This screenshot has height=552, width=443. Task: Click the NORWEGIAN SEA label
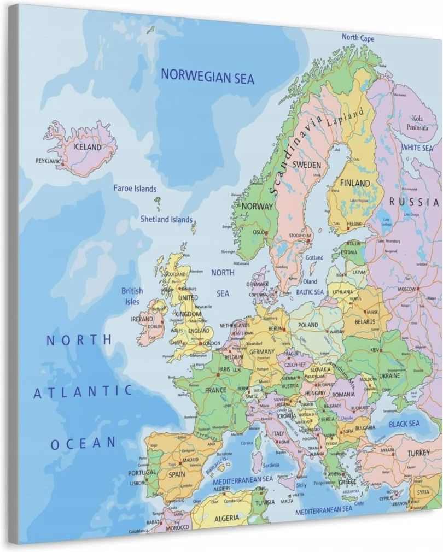point(207,77)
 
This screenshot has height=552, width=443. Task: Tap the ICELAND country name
point(88,147)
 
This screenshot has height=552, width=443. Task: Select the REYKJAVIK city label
point(48,161)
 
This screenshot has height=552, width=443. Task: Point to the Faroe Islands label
point(135,189)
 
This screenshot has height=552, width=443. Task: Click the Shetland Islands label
point(166,220)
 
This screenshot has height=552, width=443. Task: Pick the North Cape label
point(358,38)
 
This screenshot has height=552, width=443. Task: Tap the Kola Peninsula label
point(417,123)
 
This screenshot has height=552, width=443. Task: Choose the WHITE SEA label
point(417,148)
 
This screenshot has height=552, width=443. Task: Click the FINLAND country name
point(355,183)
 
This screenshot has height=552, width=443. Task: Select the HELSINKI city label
point(354,224)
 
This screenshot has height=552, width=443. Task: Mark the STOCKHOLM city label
point(299,236)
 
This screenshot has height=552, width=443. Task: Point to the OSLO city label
point(258,232)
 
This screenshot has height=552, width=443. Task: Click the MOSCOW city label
point(407,289)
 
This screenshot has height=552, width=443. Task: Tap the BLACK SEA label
point(404,424)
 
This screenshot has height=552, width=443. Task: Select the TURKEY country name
point(419,453)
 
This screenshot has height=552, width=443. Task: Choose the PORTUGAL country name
point(142,472)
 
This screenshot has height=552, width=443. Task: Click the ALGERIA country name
point(226,517)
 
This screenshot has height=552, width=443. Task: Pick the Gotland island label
point(314,257)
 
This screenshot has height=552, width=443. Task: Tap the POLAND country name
point(308,325)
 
